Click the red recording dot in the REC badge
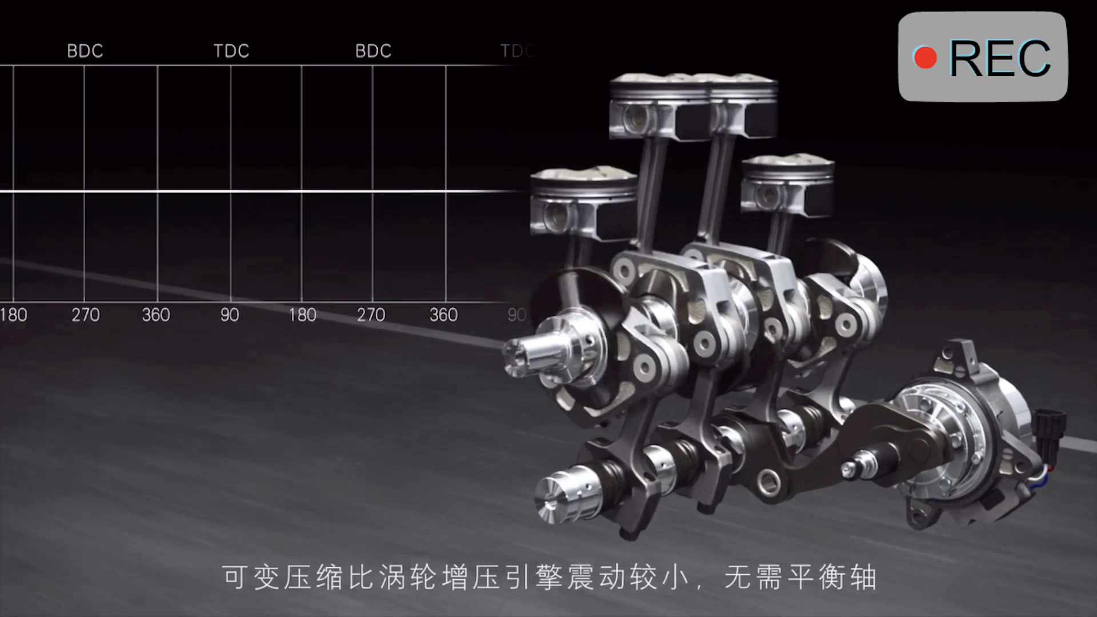[925, 58]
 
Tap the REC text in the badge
[999, 58]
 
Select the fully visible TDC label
[231, 51]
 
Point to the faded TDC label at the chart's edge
[517, 51]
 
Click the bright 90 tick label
[230, 315]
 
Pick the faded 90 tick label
[517, 315]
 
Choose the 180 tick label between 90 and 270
[302, 315]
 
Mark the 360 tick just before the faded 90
[443, 315]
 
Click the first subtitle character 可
[235, 577]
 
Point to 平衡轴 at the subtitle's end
[831, 577]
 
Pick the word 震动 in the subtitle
[597, 577]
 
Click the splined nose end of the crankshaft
[523, 356]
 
